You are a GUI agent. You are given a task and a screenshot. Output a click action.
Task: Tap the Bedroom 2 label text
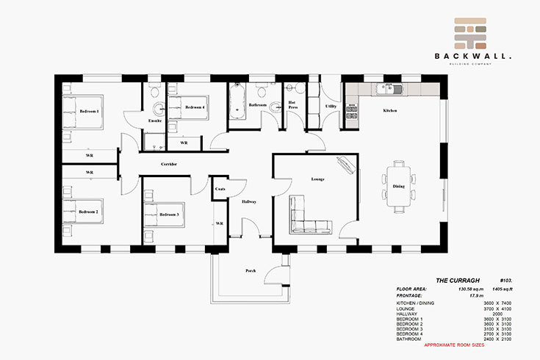tap(89, 212)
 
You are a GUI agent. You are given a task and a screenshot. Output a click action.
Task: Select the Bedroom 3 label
tap(169, 215)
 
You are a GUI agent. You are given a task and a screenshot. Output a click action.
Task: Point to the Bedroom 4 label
tap(195, 108)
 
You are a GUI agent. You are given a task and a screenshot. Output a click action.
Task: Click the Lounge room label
tap(317, 179)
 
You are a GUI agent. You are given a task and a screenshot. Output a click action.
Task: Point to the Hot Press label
tap(292, 105)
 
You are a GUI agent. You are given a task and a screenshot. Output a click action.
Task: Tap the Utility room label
tap(331, 107)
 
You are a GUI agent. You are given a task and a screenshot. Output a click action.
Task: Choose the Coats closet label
tap(220, 189)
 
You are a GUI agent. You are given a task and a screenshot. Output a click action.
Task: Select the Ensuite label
tap(154, 120)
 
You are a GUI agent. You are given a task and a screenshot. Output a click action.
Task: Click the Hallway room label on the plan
tap(248, 201)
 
